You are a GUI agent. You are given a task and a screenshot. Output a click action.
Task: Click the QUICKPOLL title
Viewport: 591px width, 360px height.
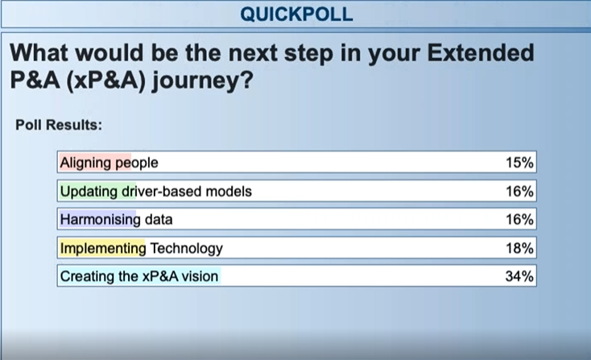click(296, 14)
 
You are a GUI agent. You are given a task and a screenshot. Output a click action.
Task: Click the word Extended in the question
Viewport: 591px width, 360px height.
click(481, 52)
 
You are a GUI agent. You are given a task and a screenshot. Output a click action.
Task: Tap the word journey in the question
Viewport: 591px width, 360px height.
click(202, 81)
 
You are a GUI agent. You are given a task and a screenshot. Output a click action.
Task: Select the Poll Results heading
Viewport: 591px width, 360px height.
click(59, 125)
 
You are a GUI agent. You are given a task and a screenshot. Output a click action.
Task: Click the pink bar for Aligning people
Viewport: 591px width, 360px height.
click(95, 163)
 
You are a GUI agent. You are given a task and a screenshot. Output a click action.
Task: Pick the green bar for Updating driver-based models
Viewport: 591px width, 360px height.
click(97, 191)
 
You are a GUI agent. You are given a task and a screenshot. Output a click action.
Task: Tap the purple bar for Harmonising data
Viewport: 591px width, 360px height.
click(97, 219)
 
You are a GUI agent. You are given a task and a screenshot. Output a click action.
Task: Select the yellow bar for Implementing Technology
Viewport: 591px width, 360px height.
click(101, 248)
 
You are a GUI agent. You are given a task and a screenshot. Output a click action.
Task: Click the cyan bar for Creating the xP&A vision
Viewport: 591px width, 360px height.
click(140, 276)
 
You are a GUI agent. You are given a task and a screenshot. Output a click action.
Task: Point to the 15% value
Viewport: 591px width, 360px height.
click(519, 163)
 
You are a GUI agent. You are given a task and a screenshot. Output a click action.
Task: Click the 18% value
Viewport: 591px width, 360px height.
click(519, 248)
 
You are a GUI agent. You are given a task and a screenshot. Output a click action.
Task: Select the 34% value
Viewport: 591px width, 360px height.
click(519, 276)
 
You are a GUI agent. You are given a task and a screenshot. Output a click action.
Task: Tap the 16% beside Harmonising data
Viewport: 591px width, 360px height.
click(519, 219)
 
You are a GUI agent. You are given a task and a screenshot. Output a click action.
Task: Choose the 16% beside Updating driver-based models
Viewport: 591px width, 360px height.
click(519, 191)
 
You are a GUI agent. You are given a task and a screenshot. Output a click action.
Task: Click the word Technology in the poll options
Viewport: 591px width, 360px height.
click(186, 249)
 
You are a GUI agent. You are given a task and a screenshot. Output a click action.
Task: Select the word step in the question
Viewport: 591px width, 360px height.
click(308, 53)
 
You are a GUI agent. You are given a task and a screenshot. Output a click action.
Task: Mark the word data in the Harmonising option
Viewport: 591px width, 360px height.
click(159, 219)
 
